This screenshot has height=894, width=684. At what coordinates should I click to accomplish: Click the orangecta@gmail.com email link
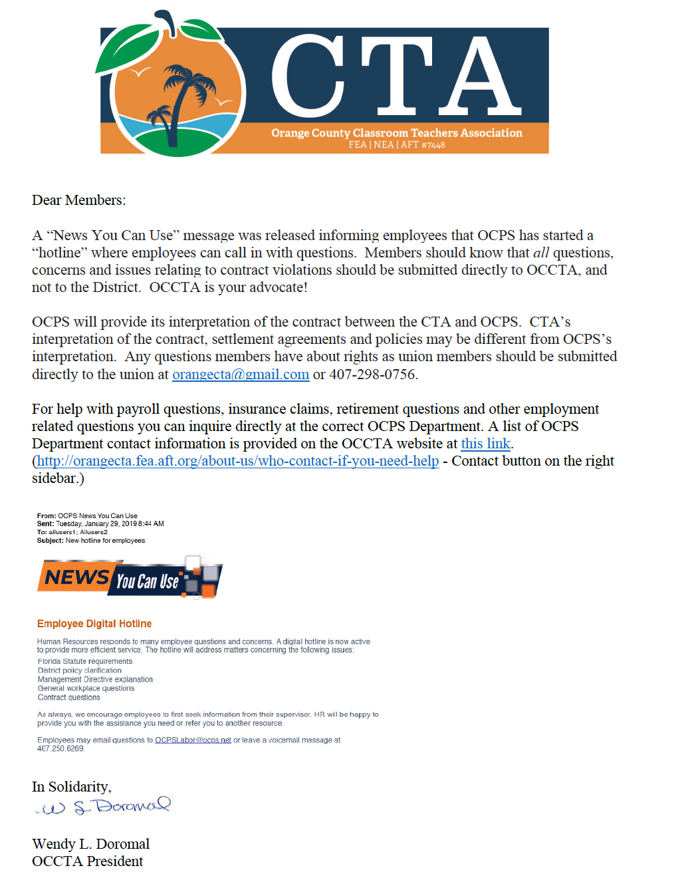tap(241, 374)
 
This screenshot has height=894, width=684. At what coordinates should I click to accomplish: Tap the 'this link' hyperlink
tap(485, 444)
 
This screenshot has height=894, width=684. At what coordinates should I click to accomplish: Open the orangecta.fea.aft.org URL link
tap(237, 461)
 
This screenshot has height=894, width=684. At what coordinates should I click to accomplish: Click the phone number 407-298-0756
tap(372, 374)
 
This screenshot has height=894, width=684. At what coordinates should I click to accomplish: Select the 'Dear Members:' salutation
tap(78, 200)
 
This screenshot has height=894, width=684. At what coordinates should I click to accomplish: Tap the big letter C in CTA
tap(307, 76)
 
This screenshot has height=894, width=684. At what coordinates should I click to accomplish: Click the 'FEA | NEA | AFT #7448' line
tap(397, 145)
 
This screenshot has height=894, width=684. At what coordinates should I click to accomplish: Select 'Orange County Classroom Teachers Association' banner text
tap(397, 133)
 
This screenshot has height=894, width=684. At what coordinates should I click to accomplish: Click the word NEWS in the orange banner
tap(76, 577)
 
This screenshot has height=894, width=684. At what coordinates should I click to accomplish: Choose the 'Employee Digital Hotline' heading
tap(94, 624)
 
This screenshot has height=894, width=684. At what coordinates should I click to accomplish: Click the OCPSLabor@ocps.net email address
tap(193, 740)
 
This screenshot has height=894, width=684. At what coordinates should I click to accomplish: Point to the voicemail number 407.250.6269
tap(60, 749)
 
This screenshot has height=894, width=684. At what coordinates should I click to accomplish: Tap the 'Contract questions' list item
tap(69, 698)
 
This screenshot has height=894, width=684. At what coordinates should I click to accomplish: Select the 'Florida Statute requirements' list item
tap(85, 662)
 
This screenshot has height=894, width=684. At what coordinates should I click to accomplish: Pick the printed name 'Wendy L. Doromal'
tap(90, 844)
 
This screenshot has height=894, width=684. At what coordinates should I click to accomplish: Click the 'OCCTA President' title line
tap(87, 861)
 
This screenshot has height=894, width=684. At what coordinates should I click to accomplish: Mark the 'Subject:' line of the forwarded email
tap(91, 541)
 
